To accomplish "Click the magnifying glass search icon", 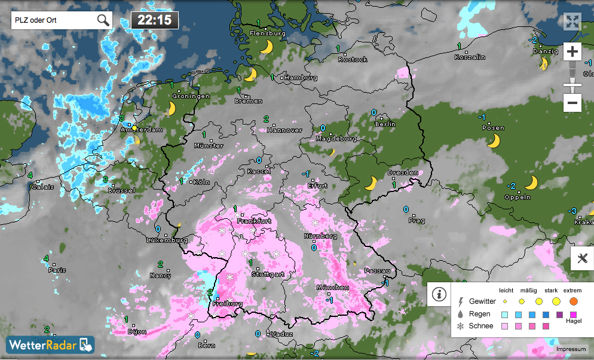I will point(103,20).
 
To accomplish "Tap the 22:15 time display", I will point(154,20).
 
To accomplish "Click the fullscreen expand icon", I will point(572,22).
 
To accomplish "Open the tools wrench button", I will point(582,259).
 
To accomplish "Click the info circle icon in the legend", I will point(439,294).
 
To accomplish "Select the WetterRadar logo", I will point(50,345).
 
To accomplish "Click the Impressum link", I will point(571,349).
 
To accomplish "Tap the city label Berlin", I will point(385,124).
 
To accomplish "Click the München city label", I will point(333,288).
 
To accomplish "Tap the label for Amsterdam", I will point(141,129).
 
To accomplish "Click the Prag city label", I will point(417,221).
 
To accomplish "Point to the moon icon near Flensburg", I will point(267,47).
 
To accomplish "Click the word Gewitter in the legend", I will point(483,301).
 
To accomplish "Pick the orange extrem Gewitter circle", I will point(574,301).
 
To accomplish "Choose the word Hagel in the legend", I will point(574,321).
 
